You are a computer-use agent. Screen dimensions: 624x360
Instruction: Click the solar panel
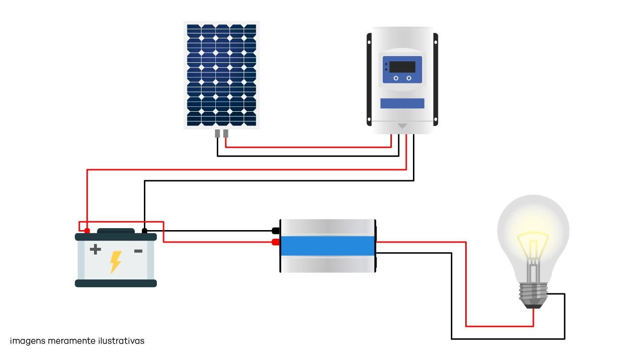(x=222, y=75)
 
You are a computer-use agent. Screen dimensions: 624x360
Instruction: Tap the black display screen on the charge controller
(x=402, y=67)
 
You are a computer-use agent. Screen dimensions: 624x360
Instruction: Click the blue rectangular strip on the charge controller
(x=402, y=103)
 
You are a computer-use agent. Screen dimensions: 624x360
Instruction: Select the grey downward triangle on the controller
(x=402, y=126)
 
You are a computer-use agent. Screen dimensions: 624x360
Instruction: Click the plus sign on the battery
(x=95, y=249)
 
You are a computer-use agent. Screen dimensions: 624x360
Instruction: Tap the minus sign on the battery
(x=139, y=251)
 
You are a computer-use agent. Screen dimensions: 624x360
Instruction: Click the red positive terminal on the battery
(x=87, y=231)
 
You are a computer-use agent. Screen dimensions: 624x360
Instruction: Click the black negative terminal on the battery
(x=144, y=231)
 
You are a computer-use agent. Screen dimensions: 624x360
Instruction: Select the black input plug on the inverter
(x=276, y=231)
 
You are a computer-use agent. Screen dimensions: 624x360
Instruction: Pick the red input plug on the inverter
(x=276, y=242)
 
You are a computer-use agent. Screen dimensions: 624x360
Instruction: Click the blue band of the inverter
(x=328, y=246)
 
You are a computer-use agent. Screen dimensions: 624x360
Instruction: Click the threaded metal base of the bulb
(x=533, y=296)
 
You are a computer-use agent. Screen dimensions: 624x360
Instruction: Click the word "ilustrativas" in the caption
(x=121, y=341)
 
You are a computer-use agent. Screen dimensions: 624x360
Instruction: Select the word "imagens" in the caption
(x=27, y=341)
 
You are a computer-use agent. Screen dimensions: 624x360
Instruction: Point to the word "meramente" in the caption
(x=71, y=341)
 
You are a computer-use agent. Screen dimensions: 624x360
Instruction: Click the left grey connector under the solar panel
(x=217, y=134)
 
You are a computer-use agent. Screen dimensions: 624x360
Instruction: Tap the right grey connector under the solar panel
(x=225, y=134)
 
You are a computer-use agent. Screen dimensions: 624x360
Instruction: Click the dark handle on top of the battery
(x=116, y=231)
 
